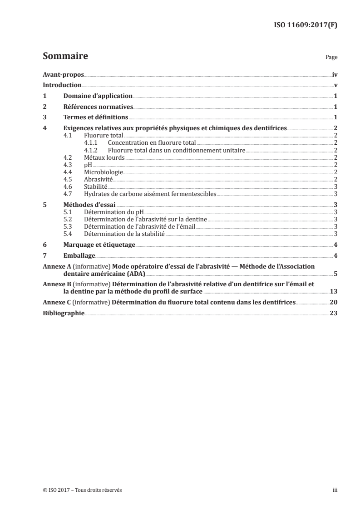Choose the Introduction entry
click(62, 85)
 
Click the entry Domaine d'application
click(98, 96)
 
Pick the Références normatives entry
click(98, 107)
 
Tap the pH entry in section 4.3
click(88, 165)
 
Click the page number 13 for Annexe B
click(333, 291)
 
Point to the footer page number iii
click(335, 490)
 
